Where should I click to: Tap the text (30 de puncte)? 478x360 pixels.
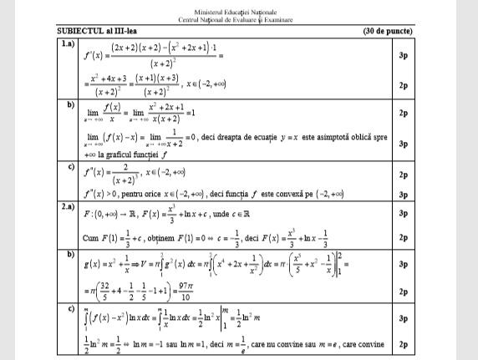coord(388,32)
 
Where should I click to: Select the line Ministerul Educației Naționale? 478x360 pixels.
coord(238,13)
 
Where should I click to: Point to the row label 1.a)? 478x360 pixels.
coord(68,43)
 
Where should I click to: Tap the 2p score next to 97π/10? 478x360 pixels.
coord(425,292)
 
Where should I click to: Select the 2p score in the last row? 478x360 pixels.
coord(425,343)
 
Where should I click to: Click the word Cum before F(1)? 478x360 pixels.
coord(92,236)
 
